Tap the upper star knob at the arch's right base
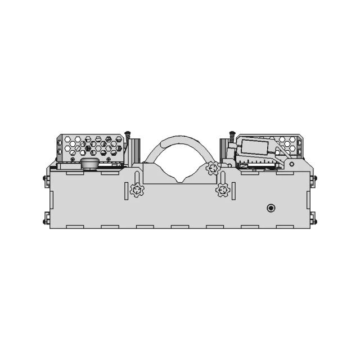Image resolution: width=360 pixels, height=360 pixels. [x=212, y=167]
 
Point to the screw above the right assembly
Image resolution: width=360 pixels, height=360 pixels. [x=231, y=137]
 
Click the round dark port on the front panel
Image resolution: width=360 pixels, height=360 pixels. [x=271, y=208]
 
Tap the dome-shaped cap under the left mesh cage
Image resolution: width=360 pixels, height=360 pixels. [x=89, y=163]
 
